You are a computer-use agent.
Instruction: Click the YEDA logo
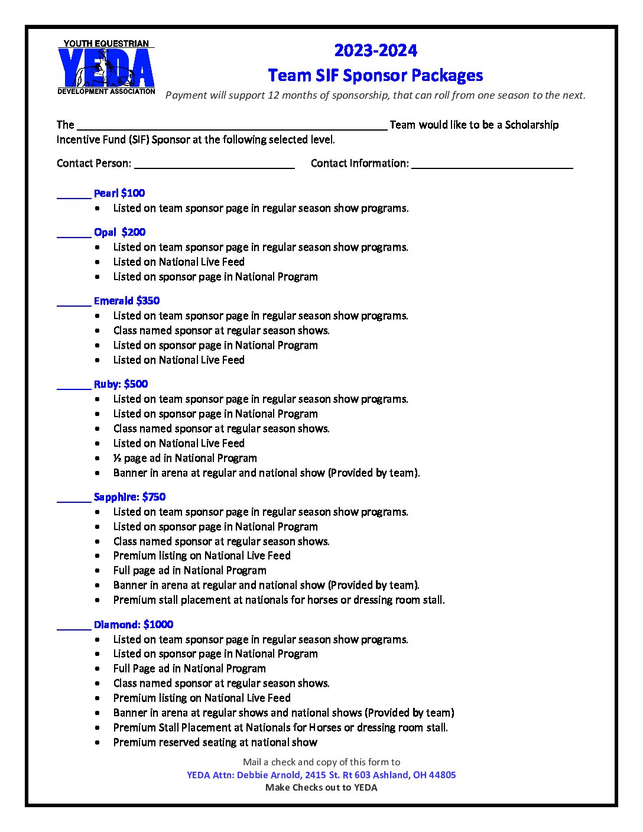pyautogui.click(x=106, y=67)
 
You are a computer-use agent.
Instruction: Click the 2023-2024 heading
pyautogui.click(x=376, y=51)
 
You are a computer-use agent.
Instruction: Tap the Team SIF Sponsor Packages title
pyautogui.click(x=375, y=76)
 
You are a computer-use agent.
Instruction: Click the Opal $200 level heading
pyautogui.click(x=119, y=232)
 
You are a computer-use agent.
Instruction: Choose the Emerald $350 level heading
pyautogui.click(x=126, y=301)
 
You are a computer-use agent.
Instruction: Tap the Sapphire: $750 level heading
pyautogui.click(x=129, y=497)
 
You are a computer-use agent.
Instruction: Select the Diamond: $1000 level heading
pyautogui.click(x=134, y=625)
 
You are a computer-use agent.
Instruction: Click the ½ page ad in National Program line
pyautogui.click(x=185, y=458)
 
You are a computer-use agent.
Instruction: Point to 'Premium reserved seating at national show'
pyautogui.click(x=215, y=742)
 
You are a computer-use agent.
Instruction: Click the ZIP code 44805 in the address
pyautogui.click(x=443, y=775)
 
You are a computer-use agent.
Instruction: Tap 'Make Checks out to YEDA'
pyautogui.click(x=321, y=787)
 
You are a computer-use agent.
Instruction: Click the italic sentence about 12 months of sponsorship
pyautogui.click(x=375, y=95)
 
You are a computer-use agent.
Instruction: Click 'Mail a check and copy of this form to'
pyautogui.click(x=321, y=762)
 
